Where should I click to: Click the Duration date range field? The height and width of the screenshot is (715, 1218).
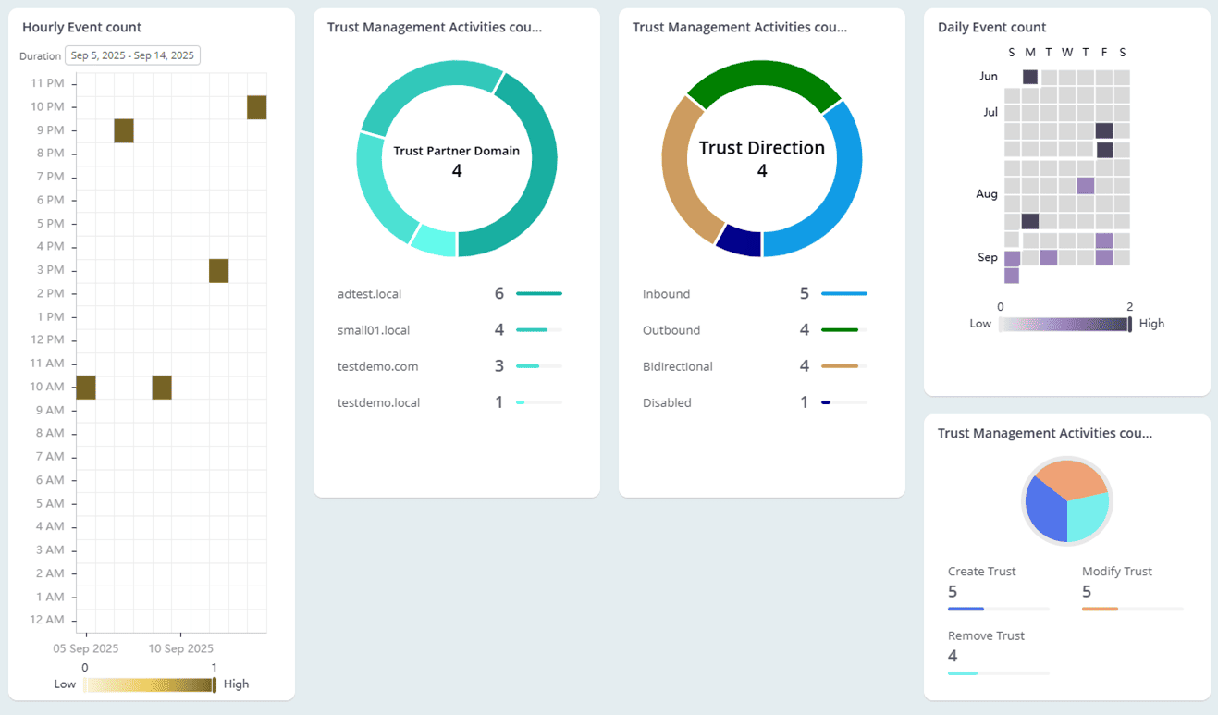coord(132,55)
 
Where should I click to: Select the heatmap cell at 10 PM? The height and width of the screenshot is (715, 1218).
coord(257,107)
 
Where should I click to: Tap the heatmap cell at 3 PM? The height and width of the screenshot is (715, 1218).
coord(218,271)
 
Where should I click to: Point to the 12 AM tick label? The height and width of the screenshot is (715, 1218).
coord(47,620)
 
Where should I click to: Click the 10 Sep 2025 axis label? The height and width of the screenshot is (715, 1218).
coord(180,648)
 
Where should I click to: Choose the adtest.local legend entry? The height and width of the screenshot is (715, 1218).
coord(370,294)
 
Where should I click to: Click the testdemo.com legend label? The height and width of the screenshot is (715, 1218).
coord(377,366)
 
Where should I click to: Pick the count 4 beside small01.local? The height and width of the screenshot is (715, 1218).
coord(499,330)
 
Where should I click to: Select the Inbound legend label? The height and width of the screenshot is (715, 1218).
coord(666,294)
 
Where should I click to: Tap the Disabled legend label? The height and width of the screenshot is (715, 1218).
coord(667,402)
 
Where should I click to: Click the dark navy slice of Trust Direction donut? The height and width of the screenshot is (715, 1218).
coord(739,240)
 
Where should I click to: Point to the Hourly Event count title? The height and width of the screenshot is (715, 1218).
coord(82,28)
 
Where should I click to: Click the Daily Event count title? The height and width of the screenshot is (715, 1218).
coord(992,28)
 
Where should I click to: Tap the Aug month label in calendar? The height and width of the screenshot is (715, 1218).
coord(987,194)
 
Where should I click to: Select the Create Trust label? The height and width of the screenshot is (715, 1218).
coord(982,572)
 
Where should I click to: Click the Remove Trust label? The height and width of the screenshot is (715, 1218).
coord(986,636)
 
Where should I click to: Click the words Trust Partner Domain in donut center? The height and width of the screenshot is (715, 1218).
coord(457,151)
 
